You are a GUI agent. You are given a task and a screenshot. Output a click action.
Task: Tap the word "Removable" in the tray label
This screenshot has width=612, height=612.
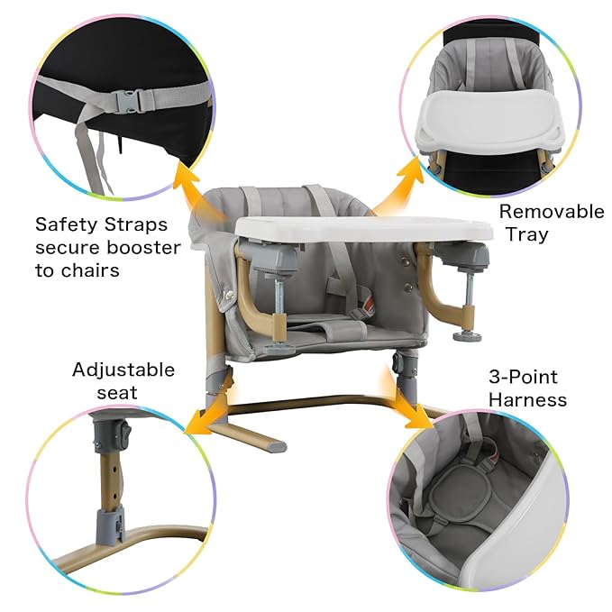[x=552, y=212]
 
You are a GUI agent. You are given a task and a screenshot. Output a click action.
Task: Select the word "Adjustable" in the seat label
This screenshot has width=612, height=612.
[x=123, y=370]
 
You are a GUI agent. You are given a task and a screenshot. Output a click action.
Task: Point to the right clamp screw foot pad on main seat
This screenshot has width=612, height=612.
[x=467, y=336]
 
